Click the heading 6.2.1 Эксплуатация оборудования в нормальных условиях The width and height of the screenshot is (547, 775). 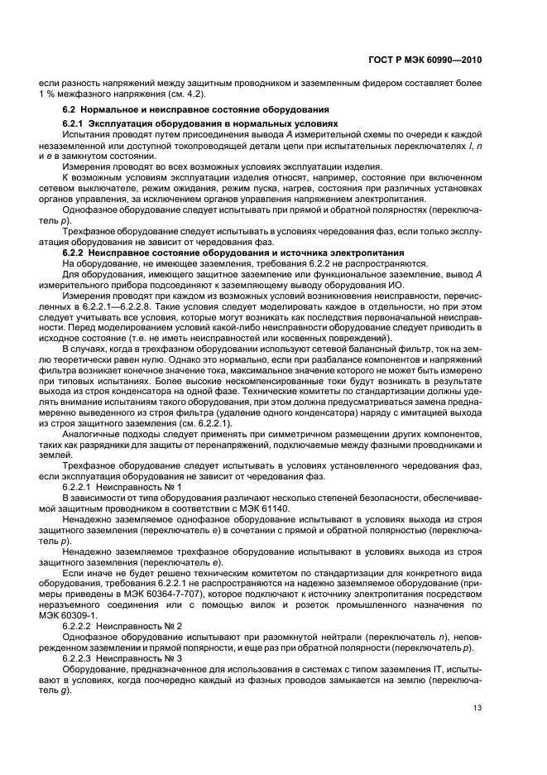(x=182, y=123)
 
